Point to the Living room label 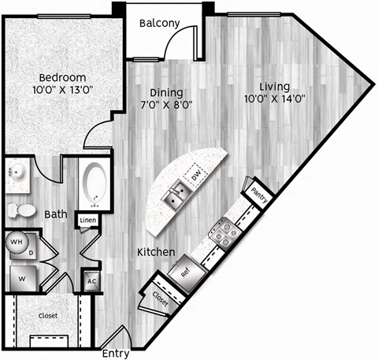click(x=274, y=87)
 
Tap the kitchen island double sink click(x=176, y=192)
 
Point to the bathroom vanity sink click(x=16, y=173)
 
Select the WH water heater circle click(x=16, y=243)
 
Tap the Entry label click(x=116, y=354)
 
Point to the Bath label click(x=54, y=213)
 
